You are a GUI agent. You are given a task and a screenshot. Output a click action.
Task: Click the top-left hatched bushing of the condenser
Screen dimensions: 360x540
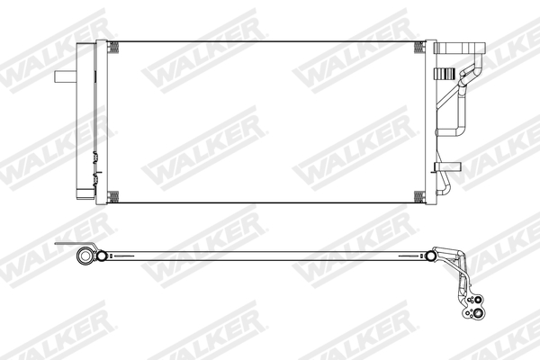[x=112, y=48]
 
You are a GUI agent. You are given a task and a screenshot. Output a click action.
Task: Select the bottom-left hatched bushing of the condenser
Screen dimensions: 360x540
[x=112, y=197]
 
